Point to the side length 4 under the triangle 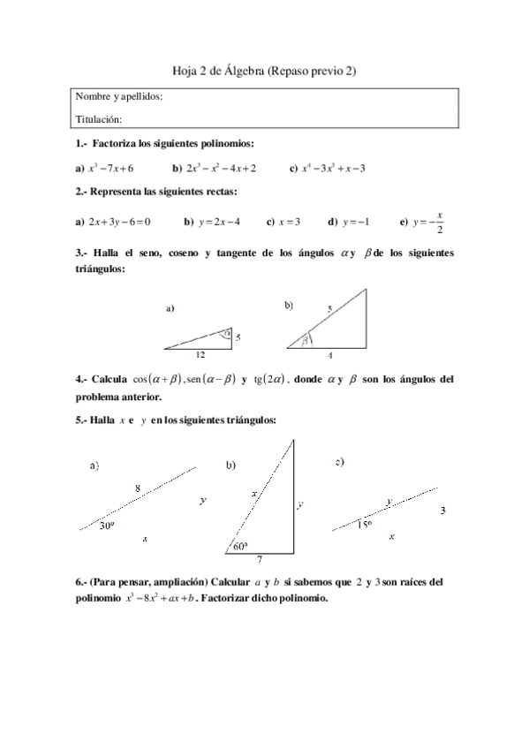click(x=329, y=355)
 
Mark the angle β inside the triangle click(x=306, y=339)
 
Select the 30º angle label click(x=107, y=525)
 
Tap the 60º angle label click(x=240, y=547)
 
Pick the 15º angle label click(x=363, y=523)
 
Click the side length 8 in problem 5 click(x=137, y=488)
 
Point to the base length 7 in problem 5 click(x=259, y=560)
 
